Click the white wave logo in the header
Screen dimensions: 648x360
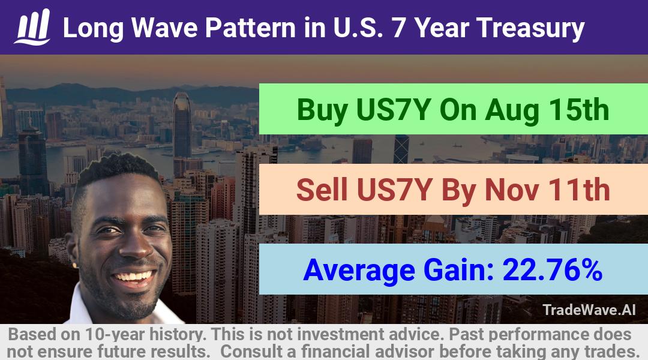(32, 27)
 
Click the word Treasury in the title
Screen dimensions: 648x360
(530, 29)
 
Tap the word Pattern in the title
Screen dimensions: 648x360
(250, 28)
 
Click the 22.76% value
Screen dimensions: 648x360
(552, 270)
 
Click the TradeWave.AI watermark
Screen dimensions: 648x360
(589, 310)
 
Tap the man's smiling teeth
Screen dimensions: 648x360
(133, 276)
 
